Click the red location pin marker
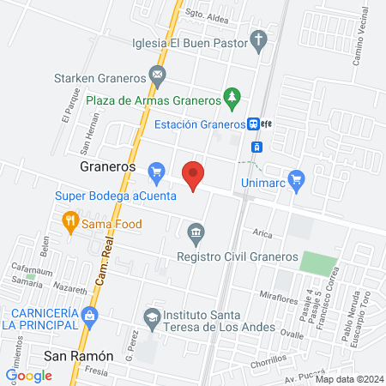[x=194, y=175]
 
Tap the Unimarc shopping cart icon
[x=297, y=179]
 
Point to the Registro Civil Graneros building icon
[x=196, y=232]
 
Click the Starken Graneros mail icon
[x=158, y=76]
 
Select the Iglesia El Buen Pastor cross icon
[x=259, y=39]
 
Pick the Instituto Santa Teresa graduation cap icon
[x=153, y=316]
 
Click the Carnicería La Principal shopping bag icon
[x=89, y=317]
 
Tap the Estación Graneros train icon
[x=255, y=124]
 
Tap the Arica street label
[x=262, y=232]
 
